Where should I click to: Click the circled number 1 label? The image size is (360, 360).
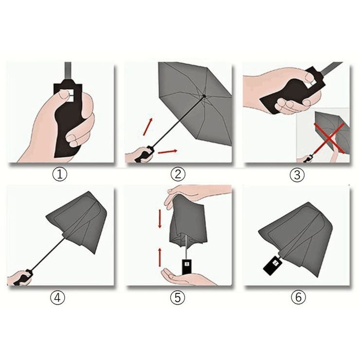(60, 174)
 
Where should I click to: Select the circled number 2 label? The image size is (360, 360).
(178, 174)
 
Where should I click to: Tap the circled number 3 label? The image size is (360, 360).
(297, 175)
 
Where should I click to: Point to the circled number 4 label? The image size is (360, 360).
(57, 298)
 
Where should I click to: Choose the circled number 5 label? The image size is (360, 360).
(178, 298)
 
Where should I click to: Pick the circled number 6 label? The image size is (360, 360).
(299, 298)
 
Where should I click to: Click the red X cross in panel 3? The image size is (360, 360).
(329, 138)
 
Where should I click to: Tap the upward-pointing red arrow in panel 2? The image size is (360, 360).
(147, 126)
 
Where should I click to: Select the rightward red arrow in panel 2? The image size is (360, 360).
(167, 152)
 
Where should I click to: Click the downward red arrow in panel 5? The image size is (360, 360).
(160, 219)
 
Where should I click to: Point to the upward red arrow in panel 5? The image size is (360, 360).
(160, 257)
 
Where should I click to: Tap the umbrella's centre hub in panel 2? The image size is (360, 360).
(204, 95)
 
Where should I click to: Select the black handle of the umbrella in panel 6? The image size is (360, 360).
(272, 266)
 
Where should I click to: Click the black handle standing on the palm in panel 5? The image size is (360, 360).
(186, 266)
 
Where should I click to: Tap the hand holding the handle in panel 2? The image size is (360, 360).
(138, 155)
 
